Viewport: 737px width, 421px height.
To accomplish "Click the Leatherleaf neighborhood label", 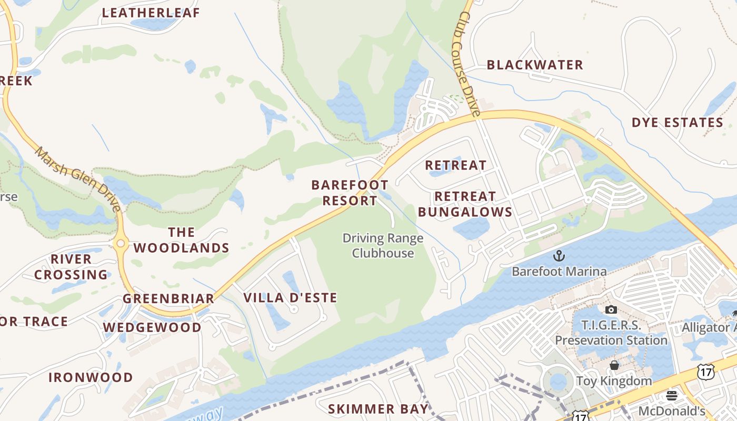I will point(151,13).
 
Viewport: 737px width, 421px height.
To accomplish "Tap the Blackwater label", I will point(535,65).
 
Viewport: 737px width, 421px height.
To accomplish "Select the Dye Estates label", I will point(678,123).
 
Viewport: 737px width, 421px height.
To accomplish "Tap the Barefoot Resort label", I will point(350,193).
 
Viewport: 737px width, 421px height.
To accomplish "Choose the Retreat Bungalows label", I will point(465,204).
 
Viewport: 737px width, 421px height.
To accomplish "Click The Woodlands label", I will point(181,240).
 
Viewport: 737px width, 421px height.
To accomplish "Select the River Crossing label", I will point(71,267).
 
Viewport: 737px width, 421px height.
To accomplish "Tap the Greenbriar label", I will point(168,298).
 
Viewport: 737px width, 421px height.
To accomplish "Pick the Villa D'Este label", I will point(290,297).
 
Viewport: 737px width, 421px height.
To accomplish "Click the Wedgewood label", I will point(152,327).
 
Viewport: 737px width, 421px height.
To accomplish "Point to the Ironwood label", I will point(91,377).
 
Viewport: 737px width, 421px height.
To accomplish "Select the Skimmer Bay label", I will point(378,409).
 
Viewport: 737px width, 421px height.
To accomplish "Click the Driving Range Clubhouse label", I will point(383,245).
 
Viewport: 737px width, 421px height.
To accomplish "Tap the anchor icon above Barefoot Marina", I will point(559,256).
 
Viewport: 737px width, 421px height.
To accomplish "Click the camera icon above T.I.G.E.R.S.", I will point(611,309).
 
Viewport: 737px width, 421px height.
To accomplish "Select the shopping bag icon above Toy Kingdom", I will point(614,365).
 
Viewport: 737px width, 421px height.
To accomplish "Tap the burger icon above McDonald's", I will point(671,395).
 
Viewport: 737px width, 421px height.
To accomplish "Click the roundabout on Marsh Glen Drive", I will point(121,243).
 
